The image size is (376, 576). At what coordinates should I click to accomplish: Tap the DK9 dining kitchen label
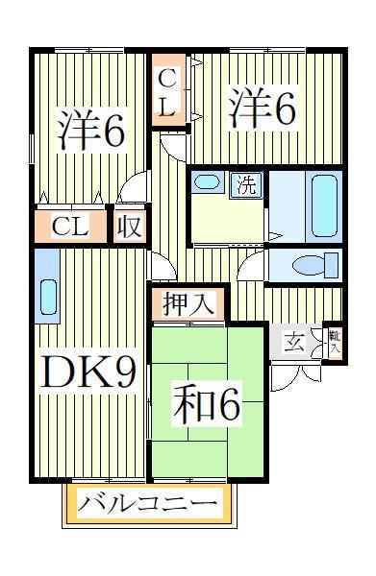[86, 373]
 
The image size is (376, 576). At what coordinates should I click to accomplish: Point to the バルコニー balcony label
[149, 502]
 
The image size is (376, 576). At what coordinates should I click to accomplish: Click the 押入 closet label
[188, 304]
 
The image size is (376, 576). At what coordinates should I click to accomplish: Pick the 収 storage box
[129, 228]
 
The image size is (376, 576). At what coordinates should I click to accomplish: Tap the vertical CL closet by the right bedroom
[167, 92]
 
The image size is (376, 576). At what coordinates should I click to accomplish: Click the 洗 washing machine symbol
[247, 185]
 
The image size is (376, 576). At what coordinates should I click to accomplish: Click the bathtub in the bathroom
[324, 205]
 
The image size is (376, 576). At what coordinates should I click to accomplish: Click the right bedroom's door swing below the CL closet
[172, 144]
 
